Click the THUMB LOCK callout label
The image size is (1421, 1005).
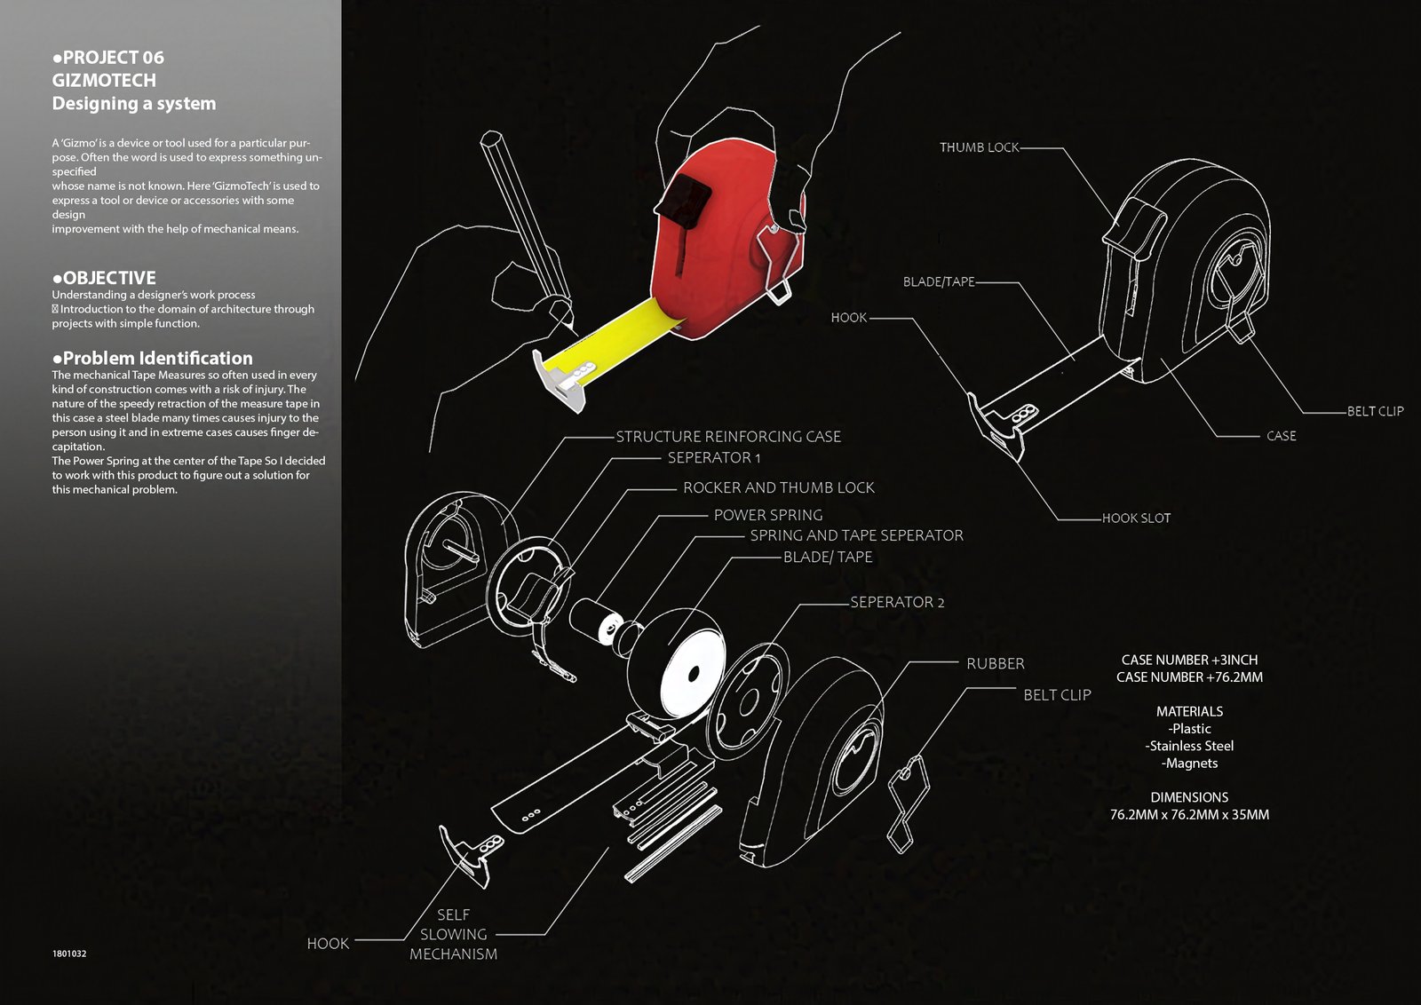click(979, 147)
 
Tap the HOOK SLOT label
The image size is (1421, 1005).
click(1136, 518)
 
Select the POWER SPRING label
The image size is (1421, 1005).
click(768, 515)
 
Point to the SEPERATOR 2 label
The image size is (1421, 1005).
click(897, 602)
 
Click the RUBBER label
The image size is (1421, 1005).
click(996, 663)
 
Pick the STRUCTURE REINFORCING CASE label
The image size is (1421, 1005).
click(728, 436)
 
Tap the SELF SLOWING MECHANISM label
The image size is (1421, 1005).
click(454, 934)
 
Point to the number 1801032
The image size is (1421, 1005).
click(69, 954)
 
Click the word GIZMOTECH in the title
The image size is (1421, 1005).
click(104, 81)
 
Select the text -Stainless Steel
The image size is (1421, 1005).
click(1189, 746)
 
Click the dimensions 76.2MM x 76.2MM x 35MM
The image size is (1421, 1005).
click(1189, 815)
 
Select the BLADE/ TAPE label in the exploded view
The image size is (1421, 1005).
click(828, 557)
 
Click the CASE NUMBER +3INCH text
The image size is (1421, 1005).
click(1189, 660)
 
